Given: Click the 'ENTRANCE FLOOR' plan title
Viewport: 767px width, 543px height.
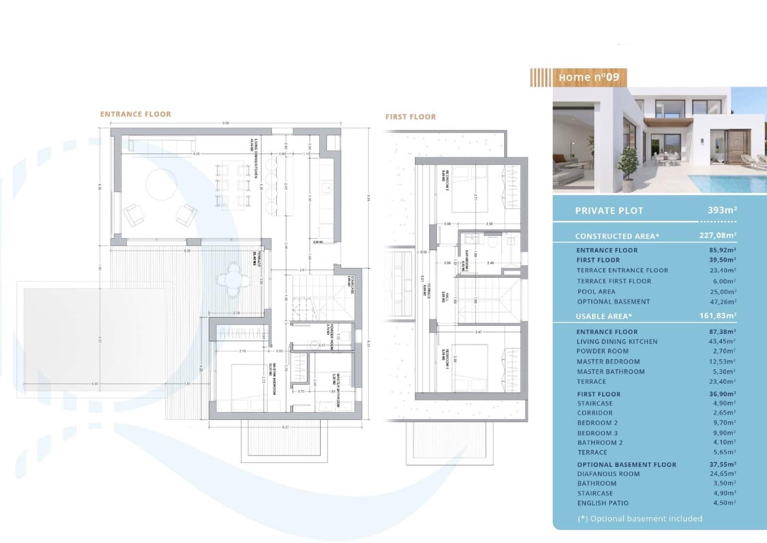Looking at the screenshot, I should (x=135, y=114).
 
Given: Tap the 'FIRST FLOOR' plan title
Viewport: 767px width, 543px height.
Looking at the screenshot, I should (x=410, y=117).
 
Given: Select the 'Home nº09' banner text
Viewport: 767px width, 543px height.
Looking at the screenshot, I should (x=588, y=77).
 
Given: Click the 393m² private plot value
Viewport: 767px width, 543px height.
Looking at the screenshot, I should (x=722, y=210).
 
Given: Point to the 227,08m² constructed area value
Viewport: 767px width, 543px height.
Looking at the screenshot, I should (x=717, y=236).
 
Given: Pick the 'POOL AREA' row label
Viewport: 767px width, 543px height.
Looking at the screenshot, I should (x=596, y=292).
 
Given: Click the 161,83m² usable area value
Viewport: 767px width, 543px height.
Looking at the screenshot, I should (x=717, y=316).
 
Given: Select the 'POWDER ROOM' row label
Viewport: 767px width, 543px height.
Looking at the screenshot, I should (x=602, y=351).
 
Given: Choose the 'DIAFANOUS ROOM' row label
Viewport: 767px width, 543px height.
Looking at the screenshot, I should (x=608, y=473).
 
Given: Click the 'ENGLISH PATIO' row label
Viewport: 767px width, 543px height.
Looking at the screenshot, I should (x=603, y=503).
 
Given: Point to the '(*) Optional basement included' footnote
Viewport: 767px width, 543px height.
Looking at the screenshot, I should (x=639, y=519).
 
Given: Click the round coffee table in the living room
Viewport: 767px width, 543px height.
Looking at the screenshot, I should (x=161, y=184).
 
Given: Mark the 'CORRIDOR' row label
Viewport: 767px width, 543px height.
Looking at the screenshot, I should (x=594, y=413).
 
